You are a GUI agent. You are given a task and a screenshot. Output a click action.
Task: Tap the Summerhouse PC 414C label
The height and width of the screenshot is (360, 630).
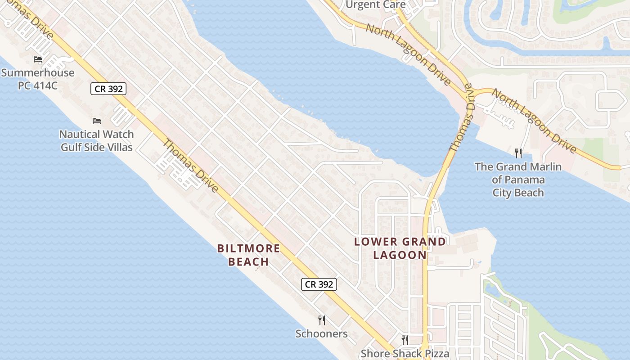pyautogui.click(x=38, y=79)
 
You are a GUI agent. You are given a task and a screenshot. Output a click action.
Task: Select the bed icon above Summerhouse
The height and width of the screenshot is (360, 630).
pyautogui.click(x=38, y=59)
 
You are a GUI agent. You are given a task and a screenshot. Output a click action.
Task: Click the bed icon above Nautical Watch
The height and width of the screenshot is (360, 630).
pyautogui.click(x=97, y=121)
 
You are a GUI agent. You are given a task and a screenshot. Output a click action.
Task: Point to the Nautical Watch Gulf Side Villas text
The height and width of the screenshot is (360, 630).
pyautogui.click(x=97, y=140)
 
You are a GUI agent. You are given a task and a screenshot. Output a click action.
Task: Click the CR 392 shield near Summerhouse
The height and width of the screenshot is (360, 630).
pyautogui.click(x=108, y=89)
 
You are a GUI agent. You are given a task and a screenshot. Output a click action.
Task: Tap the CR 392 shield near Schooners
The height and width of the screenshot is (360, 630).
pyautogui.click(x=319, y=284)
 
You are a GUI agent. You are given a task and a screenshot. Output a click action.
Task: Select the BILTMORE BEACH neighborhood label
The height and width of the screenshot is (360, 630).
pyautogui.click(x=248, y=255)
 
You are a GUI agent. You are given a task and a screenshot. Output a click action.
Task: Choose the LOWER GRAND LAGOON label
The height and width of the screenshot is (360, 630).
pyautogui.click(x=400, y=248)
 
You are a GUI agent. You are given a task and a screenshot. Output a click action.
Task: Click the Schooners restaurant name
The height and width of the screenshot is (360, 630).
pyautogui.click(x=321, y=333)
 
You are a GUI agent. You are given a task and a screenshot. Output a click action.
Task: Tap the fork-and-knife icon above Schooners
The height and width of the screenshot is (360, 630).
pyautogui.click(x=321, y=320)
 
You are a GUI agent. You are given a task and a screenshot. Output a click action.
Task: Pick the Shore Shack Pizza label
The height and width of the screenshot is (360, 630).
pyautogui.click(x=405, y=353)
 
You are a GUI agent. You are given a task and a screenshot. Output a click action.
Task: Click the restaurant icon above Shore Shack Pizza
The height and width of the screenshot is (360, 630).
pyautogui.click(x=405, y=340)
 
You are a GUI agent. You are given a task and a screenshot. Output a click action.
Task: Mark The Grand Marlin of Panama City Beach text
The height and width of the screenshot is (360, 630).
pyautogui.click(x=518, y=180)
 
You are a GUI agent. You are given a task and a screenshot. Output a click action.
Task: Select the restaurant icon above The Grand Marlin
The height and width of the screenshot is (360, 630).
pyautogui.click(x=518, y=153)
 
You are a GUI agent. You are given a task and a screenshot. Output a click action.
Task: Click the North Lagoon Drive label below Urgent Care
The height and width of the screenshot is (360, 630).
pyautogui.click(x=408, y=55)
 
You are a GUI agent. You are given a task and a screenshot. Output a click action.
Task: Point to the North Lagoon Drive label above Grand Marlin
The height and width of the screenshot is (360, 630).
pyautogui.click(x=534, y=121)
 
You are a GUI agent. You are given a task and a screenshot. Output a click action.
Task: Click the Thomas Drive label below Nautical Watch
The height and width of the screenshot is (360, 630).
pyautogui.click(x=190, y=166)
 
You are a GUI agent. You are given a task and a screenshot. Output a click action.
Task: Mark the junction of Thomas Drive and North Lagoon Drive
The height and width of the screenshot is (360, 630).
pyautogui.click(x=469, y=89)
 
